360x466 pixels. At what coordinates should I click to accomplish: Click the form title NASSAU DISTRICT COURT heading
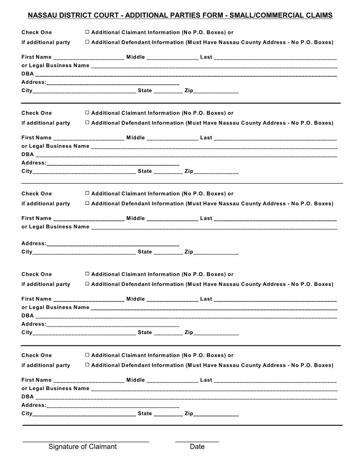tap(180, 15)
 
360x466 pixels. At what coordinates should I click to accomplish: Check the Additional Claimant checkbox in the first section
tap(87, 32)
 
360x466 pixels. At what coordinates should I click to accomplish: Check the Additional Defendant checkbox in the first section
tap(87, 42)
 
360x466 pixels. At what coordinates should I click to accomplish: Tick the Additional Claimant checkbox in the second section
tap(87, 113)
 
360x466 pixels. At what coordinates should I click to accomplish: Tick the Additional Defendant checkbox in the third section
tap(87, 203)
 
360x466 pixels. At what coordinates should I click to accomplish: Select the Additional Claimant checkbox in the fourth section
tap(87, 274)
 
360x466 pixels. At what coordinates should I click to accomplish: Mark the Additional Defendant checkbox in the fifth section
tap(87, 365)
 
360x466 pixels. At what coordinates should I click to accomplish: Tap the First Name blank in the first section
tap(88, 57)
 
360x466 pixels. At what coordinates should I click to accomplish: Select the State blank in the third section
tap(168, 252)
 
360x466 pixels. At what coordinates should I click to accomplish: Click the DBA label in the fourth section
tap(27, 316)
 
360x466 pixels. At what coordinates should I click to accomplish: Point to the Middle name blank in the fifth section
tap(172, 380)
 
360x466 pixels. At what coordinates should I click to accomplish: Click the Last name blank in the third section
tap(275, 218)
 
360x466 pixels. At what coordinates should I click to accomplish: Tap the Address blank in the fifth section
tap(113, 405)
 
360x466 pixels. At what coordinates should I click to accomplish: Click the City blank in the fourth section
tap(84, 333)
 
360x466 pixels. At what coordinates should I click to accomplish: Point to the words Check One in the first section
tap(37, 32)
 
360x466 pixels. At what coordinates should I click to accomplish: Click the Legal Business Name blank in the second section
tap(214, 146)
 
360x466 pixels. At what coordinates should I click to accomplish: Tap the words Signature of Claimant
tap(82, 447)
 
